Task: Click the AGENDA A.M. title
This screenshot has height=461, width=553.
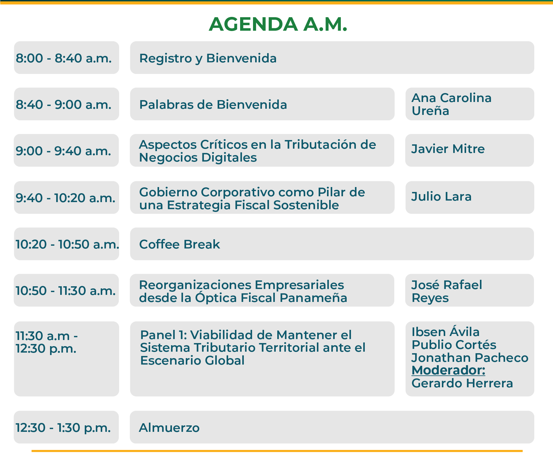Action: (x=278, y=24)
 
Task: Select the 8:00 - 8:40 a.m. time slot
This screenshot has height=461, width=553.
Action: (x=64, y=58)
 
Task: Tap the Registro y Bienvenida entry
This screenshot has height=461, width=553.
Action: (x=208, y=58)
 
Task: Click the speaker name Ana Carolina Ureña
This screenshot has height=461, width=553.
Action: (x=451, y=104)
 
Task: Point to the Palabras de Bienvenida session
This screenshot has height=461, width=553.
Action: (x=213, y=104)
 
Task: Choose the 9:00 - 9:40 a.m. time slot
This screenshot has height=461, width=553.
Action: (x=64, y=151)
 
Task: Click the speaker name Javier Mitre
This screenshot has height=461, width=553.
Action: (x=448, y=149)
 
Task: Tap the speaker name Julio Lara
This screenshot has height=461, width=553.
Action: (x=441, y=197)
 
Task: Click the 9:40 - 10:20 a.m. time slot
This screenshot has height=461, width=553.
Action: (x=66, y=198)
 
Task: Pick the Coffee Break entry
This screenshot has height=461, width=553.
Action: (x=180, y=244)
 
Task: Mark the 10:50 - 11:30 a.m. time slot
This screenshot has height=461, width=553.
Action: (x=66, y=291)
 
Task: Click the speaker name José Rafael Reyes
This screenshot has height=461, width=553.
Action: (x=447, y=291)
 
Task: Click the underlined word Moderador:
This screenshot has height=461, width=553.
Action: (x=448, y=370)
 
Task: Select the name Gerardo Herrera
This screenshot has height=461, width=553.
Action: (x=462, y=383)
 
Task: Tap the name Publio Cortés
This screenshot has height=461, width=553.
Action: (x=454, y=345)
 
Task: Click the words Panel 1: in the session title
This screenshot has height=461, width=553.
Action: (x=163, y=335)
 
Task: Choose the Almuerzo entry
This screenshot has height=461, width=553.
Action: (x=169, y=428)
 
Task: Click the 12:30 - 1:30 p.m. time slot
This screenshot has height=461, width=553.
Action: (x=63, y=428)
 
